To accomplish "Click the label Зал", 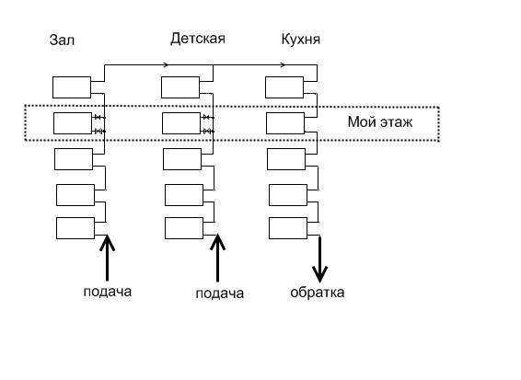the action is pos(62,40).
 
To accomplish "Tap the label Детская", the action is pos(198,39).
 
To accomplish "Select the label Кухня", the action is pos(301,40).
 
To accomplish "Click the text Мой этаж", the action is pos(380,122).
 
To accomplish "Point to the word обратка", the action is pos(318,293).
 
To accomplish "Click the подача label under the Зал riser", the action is pos(108,292).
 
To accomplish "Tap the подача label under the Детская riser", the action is pos(220,294).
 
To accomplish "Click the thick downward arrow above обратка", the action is pos(319,259).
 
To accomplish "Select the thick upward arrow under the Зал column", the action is pos(107,258).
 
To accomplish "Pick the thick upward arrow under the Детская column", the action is pos(217,258).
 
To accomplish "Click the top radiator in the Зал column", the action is pos(72,87).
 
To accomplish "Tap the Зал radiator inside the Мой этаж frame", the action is pos(73,123).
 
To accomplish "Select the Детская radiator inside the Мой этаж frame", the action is pos(181,123).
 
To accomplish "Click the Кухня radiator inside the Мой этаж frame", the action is pos(285,123).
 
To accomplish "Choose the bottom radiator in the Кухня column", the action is pos(288,228).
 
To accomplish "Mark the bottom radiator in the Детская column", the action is pos(184,228).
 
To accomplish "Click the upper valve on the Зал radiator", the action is pos(98,117).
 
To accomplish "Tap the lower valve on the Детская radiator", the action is pos(207,132).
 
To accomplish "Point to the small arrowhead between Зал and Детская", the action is pos(166,64).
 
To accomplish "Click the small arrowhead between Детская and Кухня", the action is pos(283,64).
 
